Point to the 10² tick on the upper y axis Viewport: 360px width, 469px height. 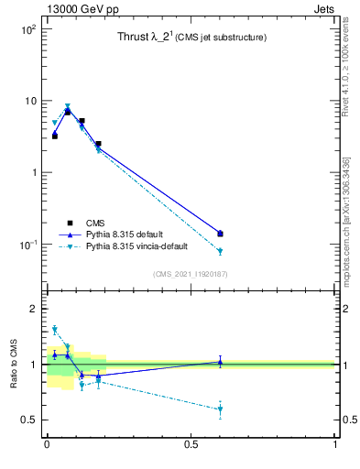click(x=27, y=29)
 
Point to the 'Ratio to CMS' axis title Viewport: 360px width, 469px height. click(x=14, y=364)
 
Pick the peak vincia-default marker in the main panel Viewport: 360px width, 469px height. click(x=68, y=106)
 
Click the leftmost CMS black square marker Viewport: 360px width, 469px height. click(x=54, y=136)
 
